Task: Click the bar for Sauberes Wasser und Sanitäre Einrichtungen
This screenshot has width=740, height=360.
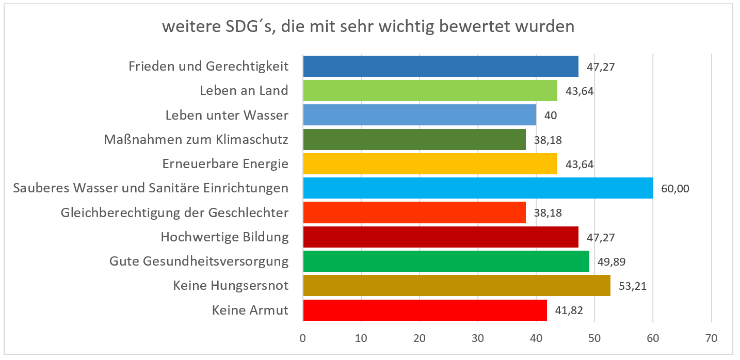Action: pyautogui.click(x=477, y=188)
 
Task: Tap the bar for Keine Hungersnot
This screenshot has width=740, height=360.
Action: pyautogui.click(x=456, y=286)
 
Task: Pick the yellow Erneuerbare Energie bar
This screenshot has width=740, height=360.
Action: pyautogui.click(x=430, y=164)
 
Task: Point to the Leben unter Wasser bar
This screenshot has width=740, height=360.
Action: pyautogui.click(x=419, y=115)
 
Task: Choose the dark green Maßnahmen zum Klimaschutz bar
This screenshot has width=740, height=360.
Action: pyautogui.click(x=414, y=139)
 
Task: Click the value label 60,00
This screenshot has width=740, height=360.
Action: pyautogui.click(x=675, y=189)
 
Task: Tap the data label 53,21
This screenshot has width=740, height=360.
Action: pyautogui.click(x=632, y=286)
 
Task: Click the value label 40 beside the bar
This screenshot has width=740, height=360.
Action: pyautogui.click(x=551, y=116)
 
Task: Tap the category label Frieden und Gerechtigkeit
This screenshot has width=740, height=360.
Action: pyautogui.click(x=208, y=67)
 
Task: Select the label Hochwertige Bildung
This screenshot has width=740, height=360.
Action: pyautogui.click(x=224, y=237)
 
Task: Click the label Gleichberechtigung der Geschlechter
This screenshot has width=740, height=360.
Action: pyautogui.click(x=174, y=213)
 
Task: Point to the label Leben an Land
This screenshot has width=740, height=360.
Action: pyautogui.click(x=244, y=91)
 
